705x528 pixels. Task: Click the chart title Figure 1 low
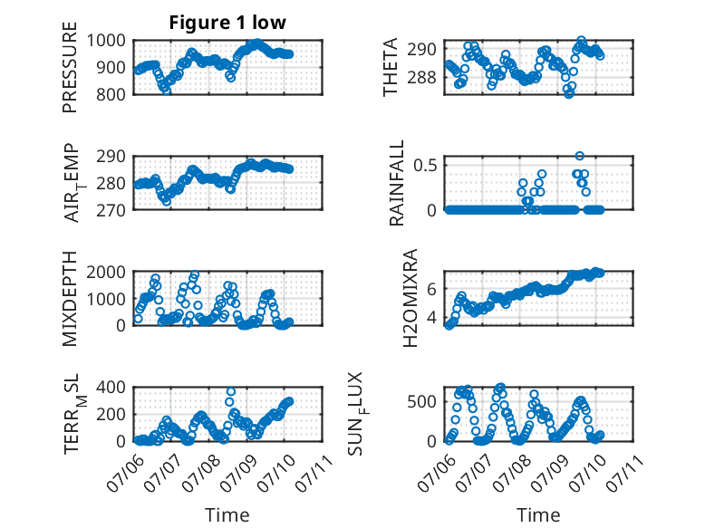pos(227,23)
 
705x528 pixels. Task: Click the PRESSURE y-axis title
pos(70,67)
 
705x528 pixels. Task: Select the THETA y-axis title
pos(391,67)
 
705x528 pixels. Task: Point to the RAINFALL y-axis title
pos(397,183)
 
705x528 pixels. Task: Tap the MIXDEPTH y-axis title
pos(70,299)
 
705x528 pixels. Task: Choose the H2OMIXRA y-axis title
pos(410,298)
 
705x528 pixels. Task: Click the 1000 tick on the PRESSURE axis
pos(106,41)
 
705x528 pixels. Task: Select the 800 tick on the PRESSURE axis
pos(111,94)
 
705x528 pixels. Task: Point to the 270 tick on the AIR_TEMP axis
pos(111,210)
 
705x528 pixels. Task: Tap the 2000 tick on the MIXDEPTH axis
pos(106,272)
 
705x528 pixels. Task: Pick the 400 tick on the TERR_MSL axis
pos(111,387)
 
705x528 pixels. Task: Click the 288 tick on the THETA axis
pos(422,78)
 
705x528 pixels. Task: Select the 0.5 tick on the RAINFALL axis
pos(425,165)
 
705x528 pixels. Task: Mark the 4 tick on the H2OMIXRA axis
pos(431,318)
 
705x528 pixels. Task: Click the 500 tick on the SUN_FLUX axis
pos(422,401)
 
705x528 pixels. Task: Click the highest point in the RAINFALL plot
pos(580,156)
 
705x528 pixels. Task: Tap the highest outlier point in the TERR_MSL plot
pos(231,392)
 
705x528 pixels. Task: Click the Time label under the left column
pos(227,514)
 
